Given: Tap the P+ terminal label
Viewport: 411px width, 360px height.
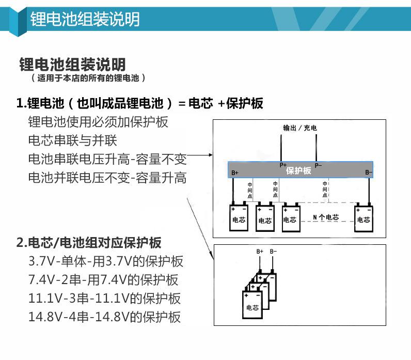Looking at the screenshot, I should (x=283, y=165).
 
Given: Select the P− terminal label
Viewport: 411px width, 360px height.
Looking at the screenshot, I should (x=318, y=165).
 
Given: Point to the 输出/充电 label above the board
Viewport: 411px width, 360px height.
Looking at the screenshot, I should (x=300, y=128).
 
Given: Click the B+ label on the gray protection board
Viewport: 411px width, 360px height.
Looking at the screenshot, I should (x=235, y=173).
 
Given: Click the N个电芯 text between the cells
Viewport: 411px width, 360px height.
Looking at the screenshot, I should (x=326, y=217).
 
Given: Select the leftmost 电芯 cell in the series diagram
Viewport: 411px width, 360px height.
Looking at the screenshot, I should (x=239, y=217).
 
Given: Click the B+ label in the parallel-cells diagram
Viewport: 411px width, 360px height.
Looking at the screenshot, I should (x=260, y=252).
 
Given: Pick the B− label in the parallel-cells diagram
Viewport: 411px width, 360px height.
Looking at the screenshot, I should (x=273, y=252).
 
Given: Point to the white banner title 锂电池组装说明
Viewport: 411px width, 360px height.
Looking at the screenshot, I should (x=85, y=19).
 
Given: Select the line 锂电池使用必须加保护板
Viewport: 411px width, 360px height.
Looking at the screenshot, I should (x=98, y=122).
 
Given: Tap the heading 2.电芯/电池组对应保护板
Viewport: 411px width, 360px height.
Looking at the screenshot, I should (x=89, y=242).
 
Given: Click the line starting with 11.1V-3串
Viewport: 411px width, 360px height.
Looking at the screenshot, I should (x=105, y=299).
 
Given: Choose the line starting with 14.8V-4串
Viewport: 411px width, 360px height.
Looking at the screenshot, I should (x=105, y=317).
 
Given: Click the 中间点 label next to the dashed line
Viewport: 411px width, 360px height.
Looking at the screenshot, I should (x=325, y=189).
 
